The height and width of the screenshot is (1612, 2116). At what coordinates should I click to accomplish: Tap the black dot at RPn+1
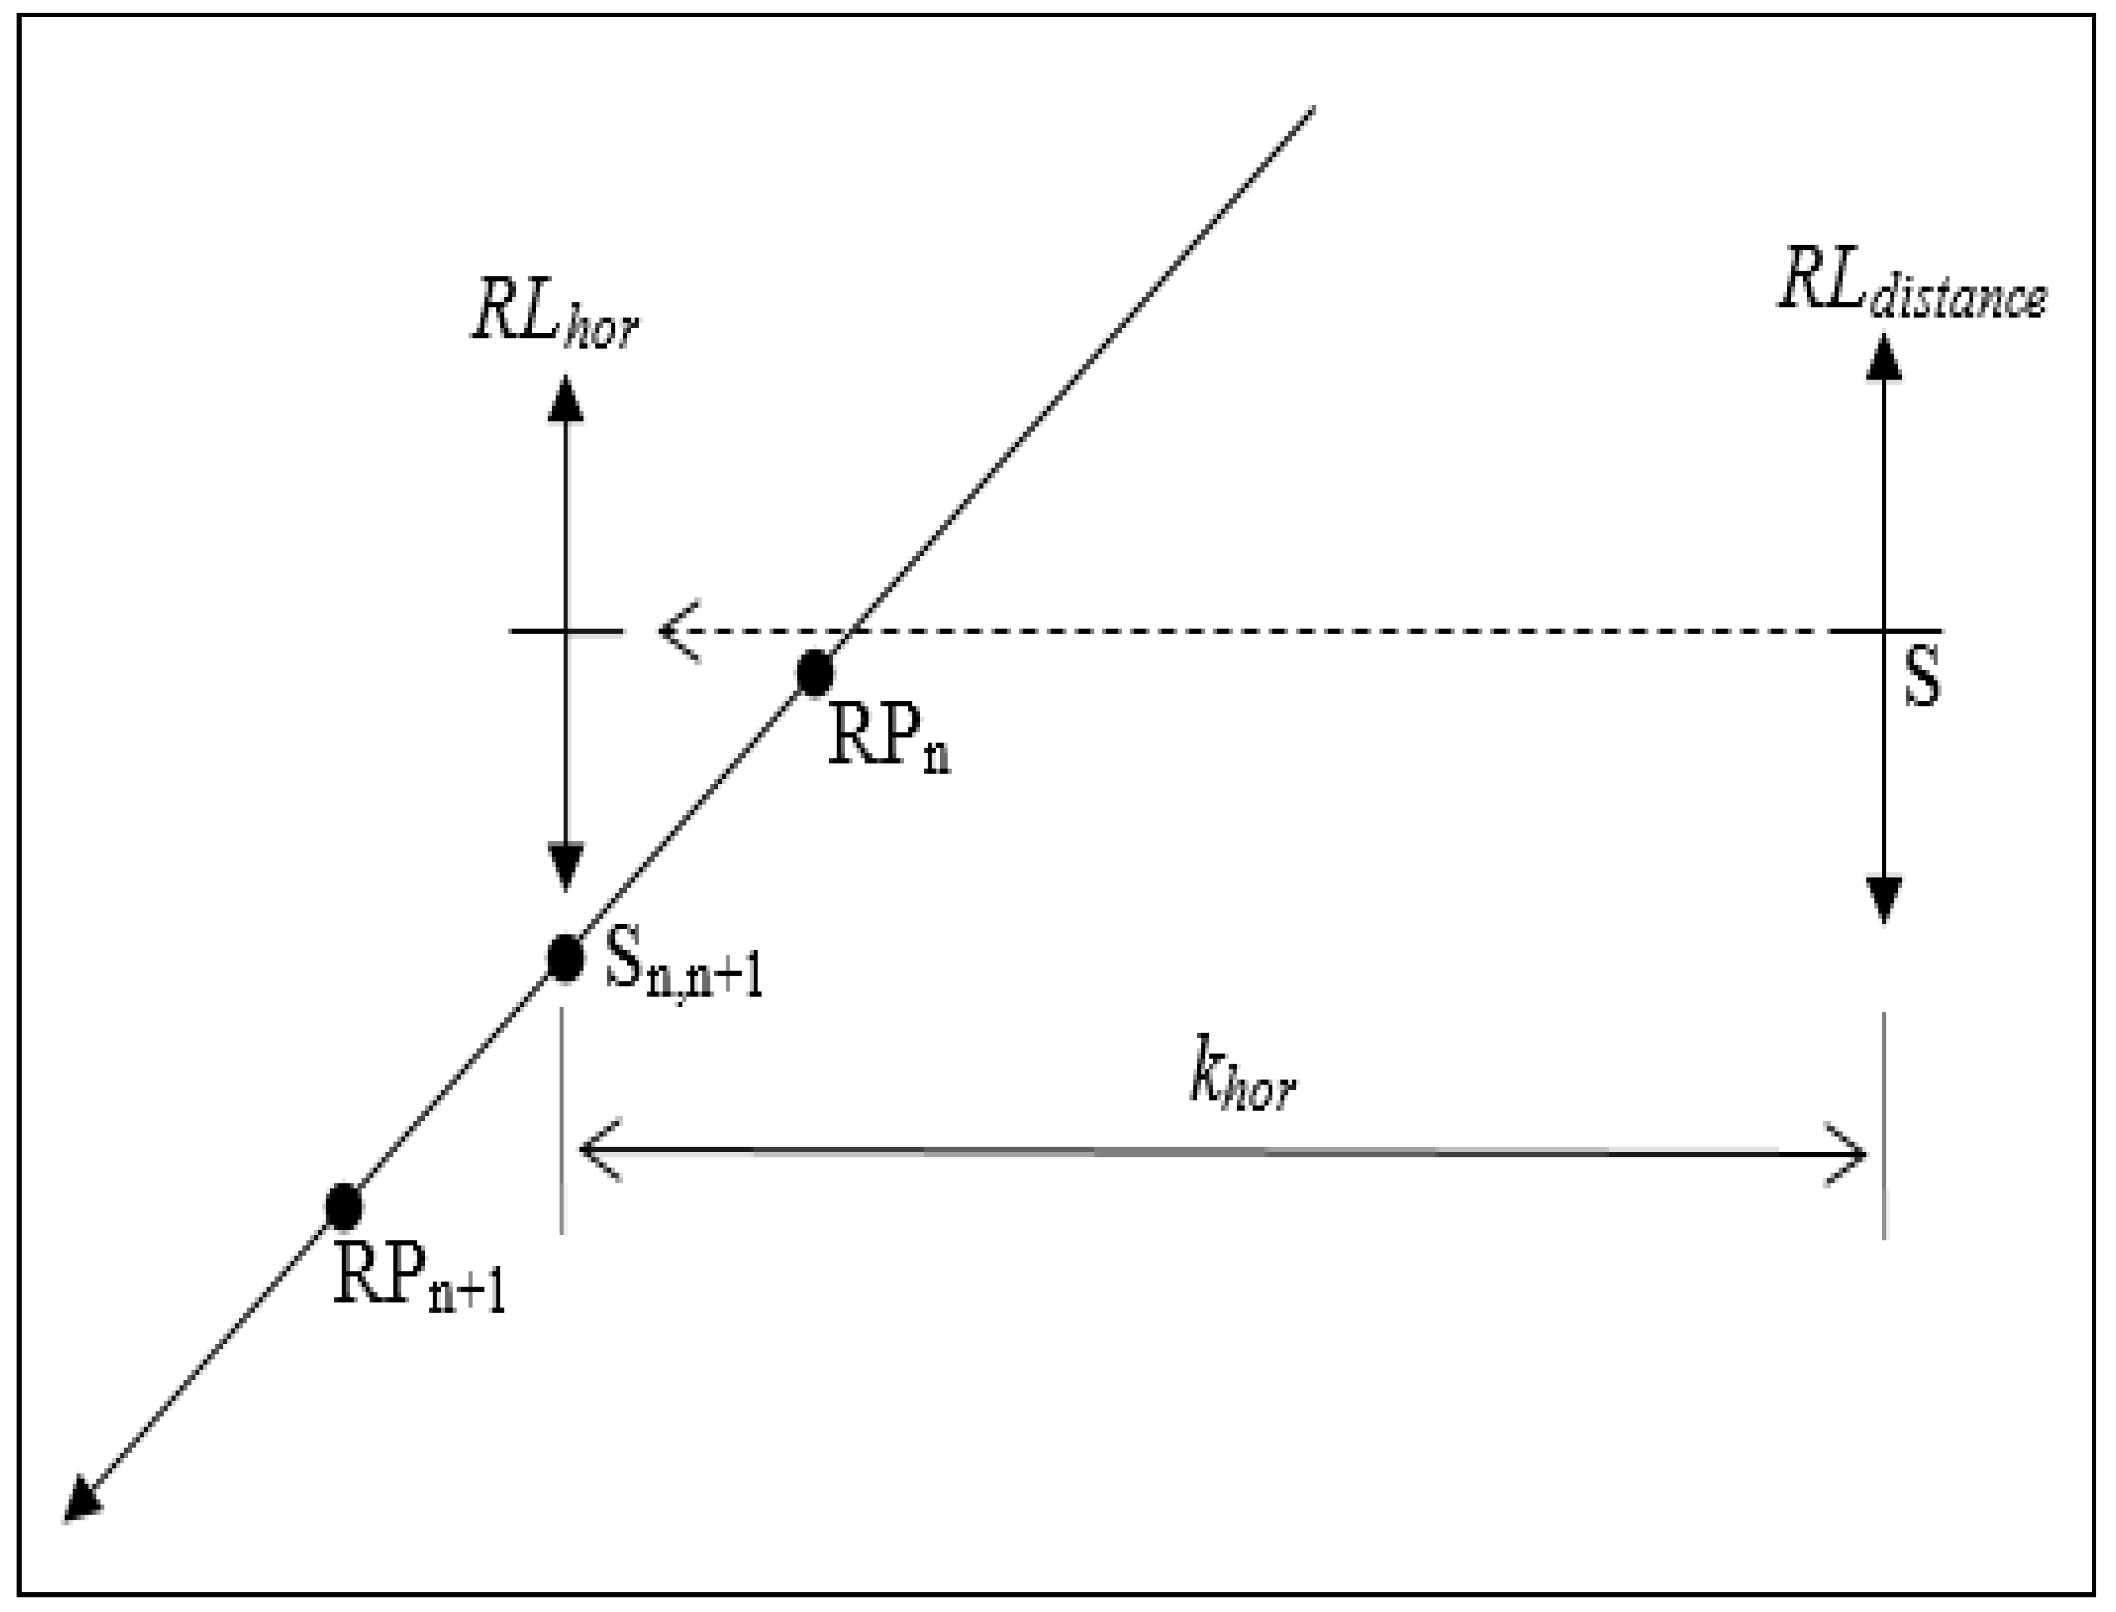click(343, 1206)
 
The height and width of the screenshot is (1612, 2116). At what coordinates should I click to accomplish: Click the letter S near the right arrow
click(1921, 676)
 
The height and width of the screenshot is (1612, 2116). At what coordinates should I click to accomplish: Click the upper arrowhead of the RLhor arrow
click(565, 398)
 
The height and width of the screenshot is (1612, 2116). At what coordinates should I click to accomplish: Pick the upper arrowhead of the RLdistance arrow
click(1885, 357)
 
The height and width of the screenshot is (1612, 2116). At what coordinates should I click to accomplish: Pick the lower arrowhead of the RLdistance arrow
click(1885, 900)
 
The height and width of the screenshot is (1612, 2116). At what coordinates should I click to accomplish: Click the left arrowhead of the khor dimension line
click(600, 1152)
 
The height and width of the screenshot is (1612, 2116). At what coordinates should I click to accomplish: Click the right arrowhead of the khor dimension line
click(1845, 1153)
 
